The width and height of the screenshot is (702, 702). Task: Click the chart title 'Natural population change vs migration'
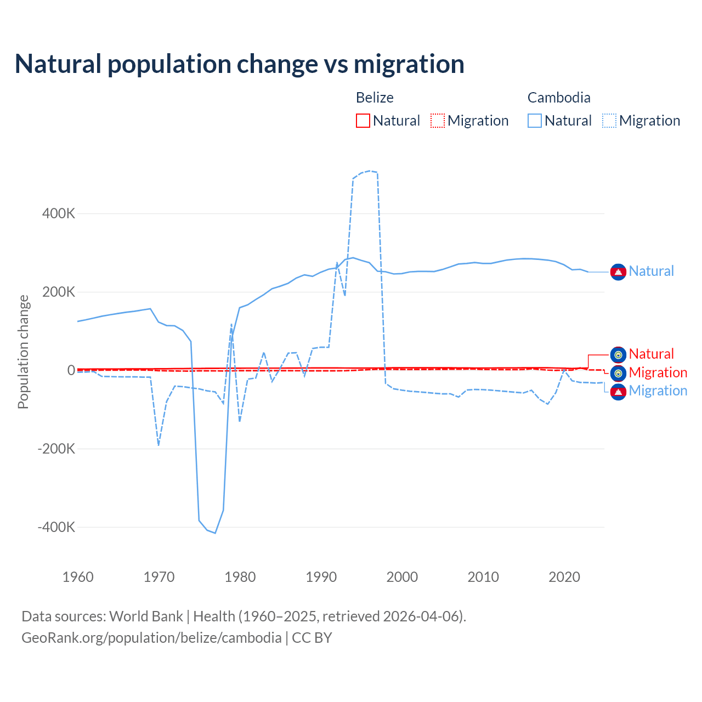click(240, 64)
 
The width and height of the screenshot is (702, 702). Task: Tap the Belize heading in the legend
click(375, 98)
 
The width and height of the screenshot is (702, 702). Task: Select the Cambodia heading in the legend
click(559, 98)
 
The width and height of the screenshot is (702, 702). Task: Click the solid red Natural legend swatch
click(363, 121)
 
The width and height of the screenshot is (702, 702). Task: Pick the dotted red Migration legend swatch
click(438, 121)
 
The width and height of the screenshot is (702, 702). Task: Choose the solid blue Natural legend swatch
click(535, 121)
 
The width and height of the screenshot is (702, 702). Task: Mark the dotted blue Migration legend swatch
click(609, 121)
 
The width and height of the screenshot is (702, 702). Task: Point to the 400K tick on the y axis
click(59, 213)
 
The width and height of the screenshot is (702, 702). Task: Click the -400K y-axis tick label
click(56, 527)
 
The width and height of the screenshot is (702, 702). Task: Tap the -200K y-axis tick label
click(56, 449)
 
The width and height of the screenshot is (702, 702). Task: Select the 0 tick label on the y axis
click(71, 370)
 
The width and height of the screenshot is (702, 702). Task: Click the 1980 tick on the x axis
click(240, 577)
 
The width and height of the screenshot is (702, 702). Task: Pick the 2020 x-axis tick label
click(564, 577)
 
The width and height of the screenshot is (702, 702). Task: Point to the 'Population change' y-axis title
click(23, 352)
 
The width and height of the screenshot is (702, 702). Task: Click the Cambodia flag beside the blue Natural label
click(618, 271)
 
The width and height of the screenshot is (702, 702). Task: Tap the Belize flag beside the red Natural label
click(618, 354)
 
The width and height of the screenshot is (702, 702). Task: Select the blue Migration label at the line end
click(658, 390)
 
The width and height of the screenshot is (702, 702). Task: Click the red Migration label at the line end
click(658, 372)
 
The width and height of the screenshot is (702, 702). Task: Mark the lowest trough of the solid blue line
click(215, 533)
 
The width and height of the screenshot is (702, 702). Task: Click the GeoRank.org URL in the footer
click(151, 638)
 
